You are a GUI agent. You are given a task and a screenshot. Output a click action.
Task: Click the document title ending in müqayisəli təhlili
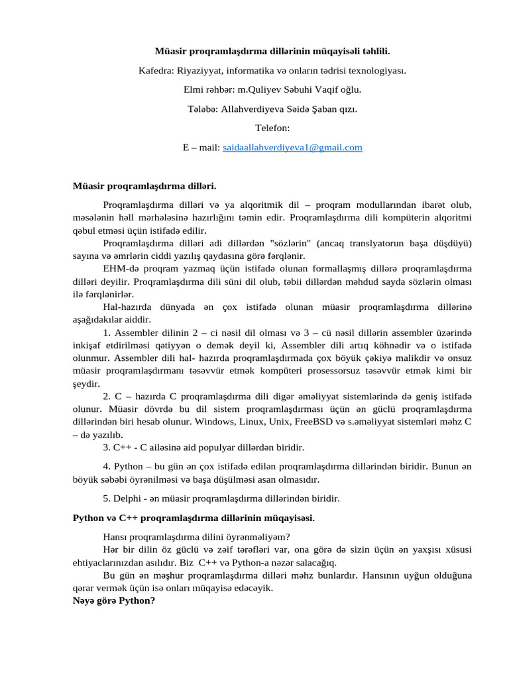272,50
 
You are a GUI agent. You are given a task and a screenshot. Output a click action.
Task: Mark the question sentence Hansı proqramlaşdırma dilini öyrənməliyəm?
197,537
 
